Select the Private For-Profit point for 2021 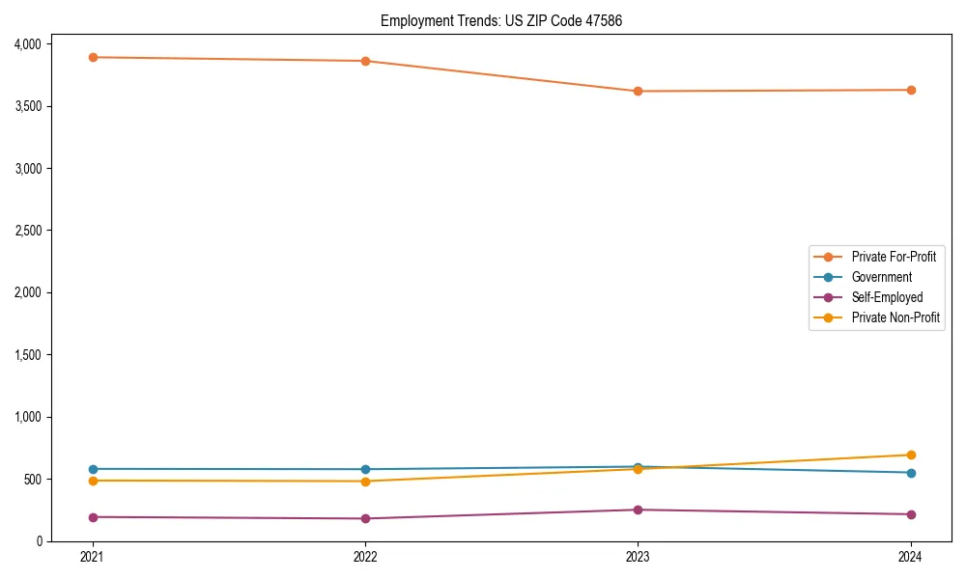[x=93, y=57]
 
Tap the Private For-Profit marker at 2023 [x=638, y=91]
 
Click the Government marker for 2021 [x=93, y=469]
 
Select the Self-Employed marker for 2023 [x=638, y=510]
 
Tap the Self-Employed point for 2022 [x=365, y=518]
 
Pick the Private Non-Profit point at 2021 [x=93, y=481]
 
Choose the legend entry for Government [x=881, y=277]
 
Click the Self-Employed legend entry [x=887, y=297]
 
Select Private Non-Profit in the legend [x=895, y=317]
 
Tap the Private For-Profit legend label [x=894, y=257]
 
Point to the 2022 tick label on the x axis [x=365, y=556]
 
